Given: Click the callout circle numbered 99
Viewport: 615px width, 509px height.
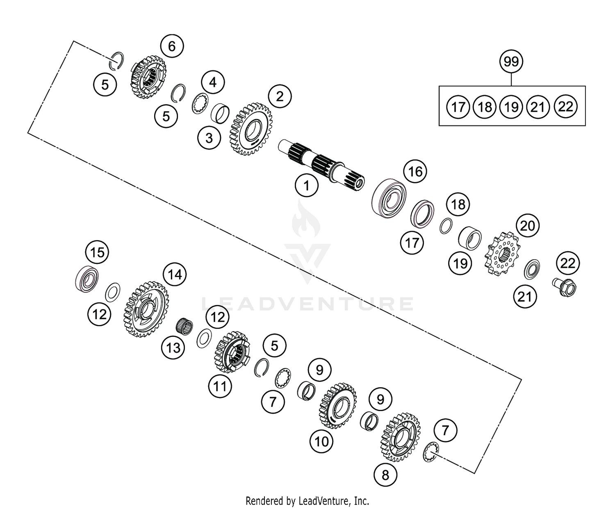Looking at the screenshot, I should tap(511, 62).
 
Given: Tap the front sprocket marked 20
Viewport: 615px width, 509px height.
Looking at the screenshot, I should tap(502, 254).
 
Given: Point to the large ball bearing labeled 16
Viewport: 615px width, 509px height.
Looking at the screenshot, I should tap(389, 196).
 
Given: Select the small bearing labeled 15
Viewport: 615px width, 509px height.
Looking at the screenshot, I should tap(87, 279).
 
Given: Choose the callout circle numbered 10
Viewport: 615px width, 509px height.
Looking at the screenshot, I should tap(322, 441).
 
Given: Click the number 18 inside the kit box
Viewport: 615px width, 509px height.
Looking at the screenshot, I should tap(485, 107).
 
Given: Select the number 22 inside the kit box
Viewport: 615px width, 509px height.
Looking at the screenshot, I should tap(565, 107).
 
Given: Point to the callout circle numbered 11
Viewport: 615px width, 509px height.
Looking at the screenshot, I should tap(220, 386).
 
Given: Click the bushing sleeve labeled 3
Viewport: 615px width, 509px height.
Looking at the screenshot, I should tap(219, 113).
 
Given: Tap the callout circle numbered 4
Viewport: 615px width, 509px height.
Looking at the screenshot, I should tap(213, 82).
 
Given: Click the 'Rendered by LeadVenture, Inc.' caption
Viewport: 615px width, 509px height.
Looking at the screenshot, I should tap(307, 500).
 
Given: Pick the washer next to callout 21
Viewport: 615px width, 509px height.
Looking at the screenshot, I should tap(532, 269).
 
